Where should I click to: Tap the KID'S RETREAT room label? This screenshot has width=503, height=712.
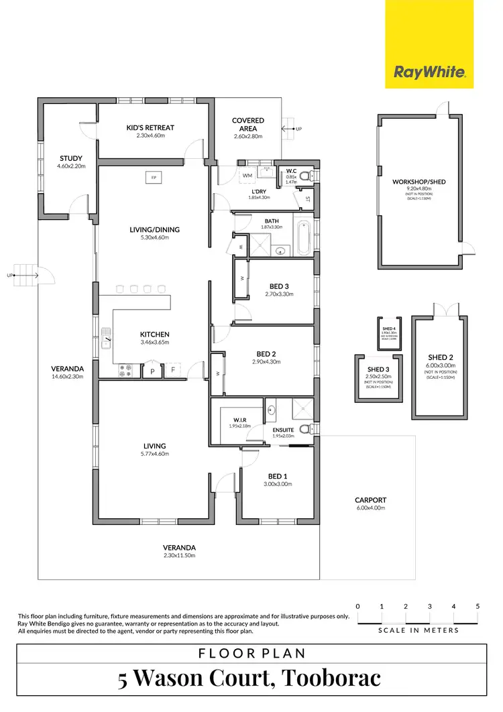pos(150,127)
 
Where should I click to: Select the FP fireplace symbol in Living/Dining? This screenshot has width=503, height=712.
pos(154,178)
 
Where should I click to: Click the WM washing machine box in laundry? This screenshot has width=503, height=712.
pos(247,176)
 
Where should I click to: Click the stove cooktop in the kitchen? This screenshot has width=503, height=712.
pos(125,370)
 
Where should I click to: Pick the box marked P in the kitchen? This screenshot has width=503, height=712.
pos(152,370)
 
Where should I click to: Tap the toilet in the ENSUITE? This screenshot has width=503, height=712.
pos(305,429)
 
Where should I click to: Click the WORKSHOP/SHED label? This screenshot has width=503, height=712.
pos(419,182)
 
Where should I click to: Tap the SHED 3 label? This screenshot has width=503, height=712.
pos(378,369)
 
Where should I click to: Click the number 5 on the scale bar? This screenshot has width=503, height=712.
pos(478,606)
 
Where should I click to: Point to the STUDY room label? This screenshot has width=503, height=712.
pos(70,159)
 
